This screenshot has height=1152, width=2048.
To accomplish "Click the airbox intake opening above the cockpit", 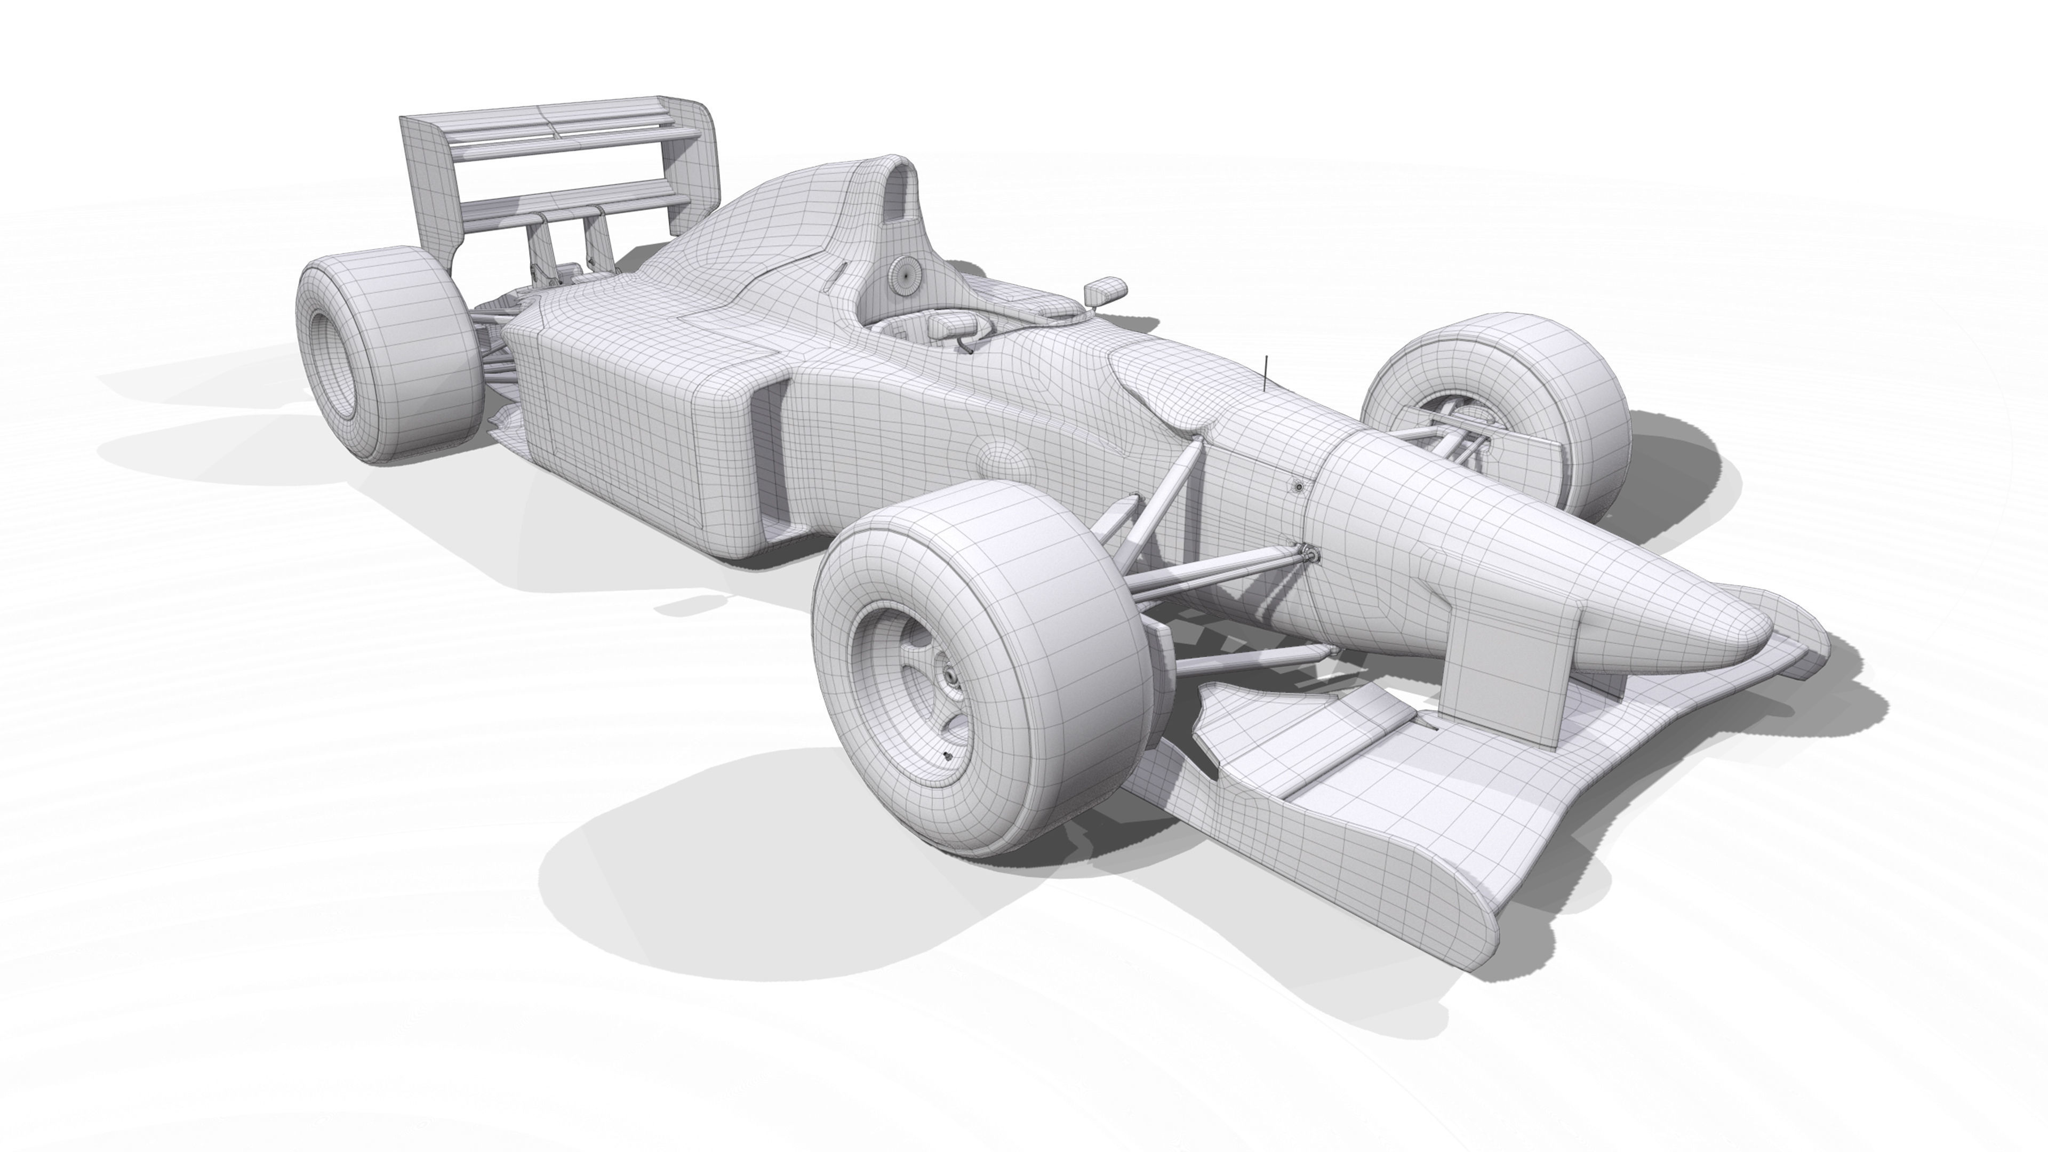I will (898, 191).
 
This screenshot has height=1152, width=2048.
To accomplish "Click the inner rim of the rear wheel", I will (330, 366).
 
